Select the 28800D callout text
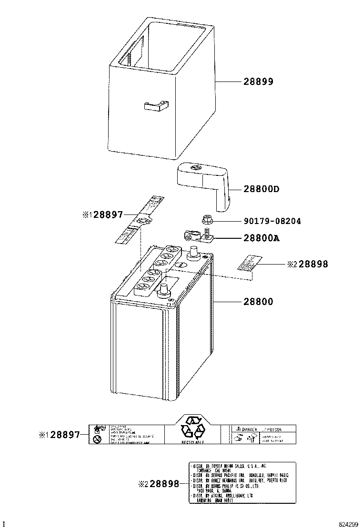[261, 189]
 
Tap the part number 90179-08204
[272, 221]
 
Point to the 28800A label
[261, 238]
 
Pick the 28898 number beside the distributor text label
[165, 484]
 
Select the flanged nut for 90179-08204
[206, 220]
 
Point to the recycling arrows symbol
[192, 428]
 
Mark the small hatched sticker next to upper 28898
[250, 263]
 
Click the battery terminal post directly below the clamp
[193, 253]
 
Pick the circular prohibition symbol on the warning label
[98, 439]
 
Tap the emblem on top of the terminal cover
[195, 168]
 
